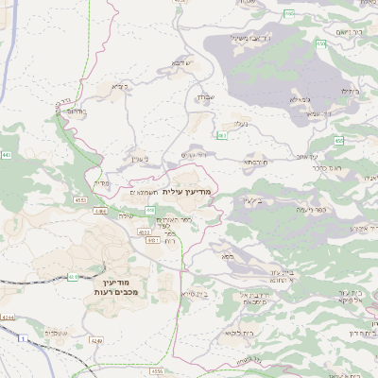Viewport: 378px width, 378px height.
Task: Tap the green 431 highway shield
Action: coord(73,277)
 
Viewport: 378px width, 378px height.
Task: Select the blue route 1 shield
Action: coord(20,338)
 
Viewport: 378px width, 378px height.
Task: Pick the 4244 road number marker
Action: coord(8,318)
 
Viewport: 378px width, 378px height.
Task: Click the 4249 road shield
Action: coord(96,340)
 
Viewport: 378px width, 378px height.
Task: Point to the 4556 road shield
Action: coord(157,371)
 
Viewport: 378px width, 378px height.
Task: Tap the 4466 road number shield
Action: coord(100,211)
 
